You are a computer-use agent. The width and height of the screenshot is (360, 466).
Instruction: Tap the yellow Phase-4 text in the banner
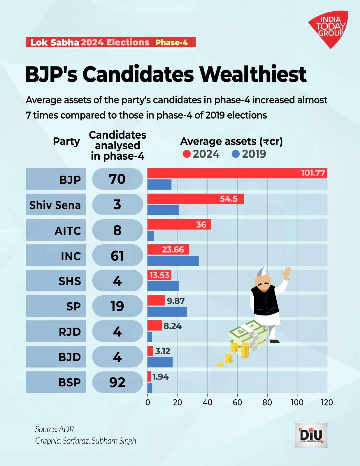coord(171,43)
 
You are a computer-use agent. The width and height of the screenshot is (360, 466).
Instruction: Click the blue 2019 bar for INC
coord(173,261)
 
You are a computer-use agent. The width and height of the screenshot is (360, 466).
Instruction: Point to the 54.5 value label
coord(229,199)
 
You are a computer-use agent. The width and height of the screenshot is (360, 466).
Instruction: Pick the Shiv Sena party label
coord(55,205)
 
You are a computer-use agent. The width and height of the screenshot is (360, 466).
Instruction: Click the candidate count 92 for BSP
coord(117,382)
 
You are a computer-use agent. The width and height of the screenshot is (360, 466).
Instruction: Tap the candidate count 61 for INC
coord(117,256)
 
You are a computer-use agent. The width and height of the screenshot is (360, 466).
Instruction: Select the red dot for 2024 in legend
coord(187,154)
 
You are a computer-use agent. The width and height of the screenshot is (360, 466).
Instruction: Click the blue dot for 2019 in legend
coord(236,154)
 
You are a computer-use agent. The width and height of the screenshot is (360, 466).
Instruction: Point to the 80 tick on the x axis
coord(267,403)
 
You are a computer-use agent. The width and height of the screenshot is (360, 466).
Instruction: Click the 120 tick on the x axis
coord(327,403)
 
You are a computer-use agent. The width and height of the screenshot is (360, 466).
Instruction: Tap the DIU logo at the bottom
coord(311,435)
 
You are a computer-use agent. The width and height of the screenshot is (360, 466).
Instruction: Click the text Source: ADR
coord(55,429)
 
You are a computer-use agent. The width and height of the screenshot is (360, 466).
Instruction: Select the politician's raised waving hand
coord(287,273)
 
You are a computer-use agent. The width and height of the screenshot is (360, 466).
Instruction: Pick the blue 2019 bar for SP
coord(167,312)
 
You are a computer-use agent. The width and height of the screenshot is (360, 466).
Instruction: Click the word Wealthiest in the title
coord(253,74)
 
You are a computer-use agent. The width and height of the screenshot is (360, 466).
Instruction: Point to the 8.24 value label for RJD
coord(172,326)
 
